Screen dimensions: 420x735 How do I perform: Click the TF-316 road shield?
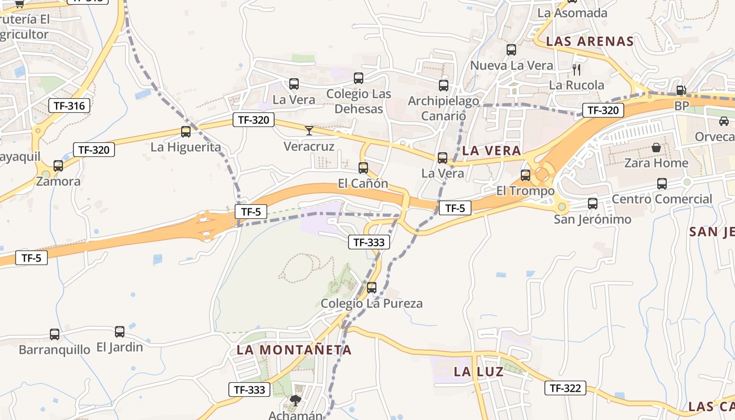tap(69, 106)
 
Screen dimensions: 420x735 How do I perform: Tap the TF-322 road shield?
tap(565, 388)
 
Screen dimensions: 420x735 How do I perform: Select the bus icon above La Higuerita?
tap(186, 132)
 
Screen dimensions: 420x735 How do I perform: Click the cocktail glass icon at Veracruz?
tap(309, 131)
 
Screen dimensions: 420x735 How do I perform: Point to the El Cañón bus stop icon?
tap(363, 168)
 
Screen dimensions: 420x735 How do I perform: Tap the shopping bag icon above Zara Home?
tap(656, 148)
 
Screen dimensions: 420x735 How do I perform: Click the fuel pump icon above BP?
tap(681, 90)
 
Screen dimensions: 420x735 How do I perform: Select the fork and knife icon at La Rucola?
tap(576, 69)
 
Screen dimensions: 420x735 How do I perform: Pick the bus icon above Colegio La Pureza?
tap(372, 288)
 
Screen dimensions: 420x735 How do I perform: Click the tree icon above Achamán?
tap(295, 401)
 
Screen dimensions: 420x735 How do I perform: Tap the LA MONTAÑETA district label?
tap(294, 350)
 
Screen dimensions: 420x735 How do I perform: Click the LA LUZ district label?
tap(478, 372)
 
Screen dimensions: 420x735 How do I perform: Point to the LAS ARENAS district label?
tap(590, 41)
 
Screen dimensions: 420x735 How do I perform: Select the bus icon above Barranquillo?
tap(55, 334)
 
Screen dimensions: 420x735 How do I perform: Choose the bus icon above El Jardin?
tap(120, 332)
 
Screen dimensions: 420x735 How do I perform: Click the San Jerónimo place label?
tap(592, 219)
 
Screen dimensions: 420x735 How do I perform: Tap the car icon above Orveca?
tap(724, 121)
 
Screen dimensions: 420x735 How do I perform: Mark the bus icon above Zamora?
tap(58, 166)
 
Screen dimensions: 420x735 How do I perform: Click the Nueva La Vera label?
tap(511, 66)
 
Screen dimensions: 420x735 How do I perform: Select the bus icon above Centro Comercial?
tap(662, 184)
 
